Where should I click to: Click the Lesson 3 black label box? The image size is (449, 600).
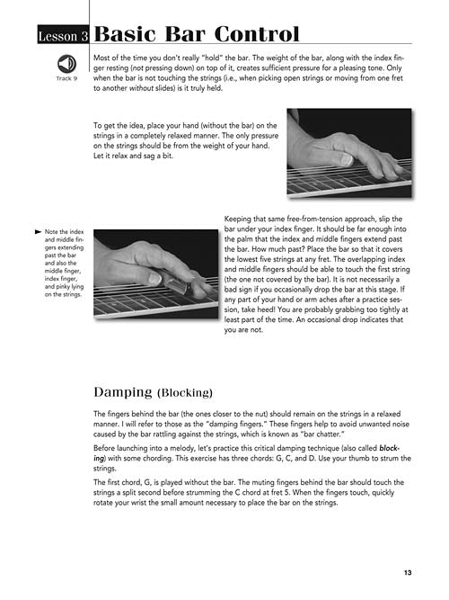point(63,35)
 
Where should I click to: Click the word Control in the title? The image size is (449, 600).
point(257,34)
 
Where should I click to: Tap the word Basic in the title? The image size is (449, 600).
point(125,34)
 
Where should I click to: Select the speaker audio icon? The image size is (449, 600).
point(66,64)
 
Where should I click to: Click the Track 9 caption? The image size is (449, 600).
point(66,78)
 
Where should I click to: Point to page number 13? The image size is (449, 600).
point(408,572)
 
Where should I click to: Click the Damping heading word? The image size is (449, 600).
point(123,392)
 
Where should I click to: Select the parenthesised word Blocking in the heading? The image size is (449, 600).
point(185,393)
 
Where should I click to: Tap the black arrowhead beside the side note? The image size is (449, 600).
point(38,232)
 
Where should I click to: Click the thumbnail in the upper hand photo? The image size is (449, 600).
point(347,159)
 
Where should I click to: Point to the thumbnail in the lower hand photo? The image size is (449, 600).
point(155,278)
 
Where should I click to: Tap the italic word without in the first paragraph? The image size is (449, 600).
point(141,88)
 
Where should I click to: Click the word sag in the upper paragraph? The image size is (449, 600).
point(148,157)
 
